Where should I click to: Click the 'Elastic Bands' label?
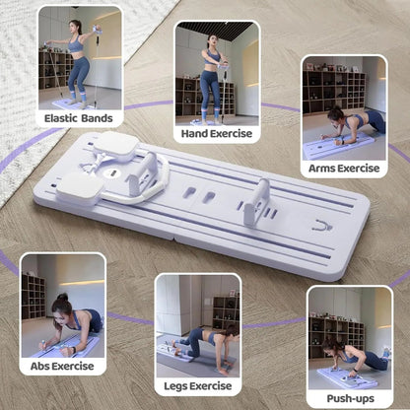click(78, 119)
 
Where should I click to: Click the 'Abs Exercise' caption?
click(63, 367)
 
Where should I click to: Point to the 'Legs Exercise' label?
click(197, 385)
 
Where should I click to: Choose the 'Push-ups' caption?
click(349, 399)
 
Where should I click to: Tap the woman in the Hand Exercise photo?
click(212, 74)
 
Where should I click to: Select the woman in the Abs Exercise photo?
click(67, 325)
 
